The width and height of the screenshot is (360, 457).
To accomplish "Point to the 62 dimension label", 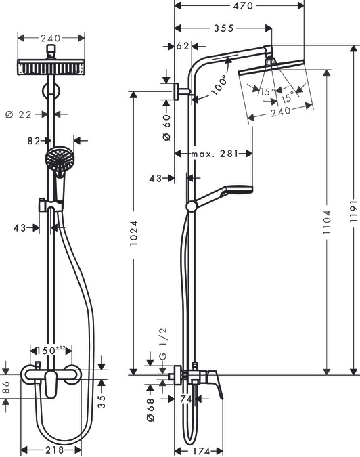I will [x=182, y=47].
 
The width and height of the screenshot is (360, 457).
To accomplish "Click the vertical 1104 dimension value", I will [x=328, y=221].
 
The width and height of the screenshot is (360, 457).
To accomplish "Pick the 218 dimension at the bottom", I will [x=51, y=450].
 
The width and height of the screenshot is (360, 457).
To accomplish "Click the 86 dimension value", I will [x=6, y=388].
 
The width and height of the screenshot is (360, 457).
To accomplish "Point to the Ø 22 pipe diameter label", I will [x=19, y=114].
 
